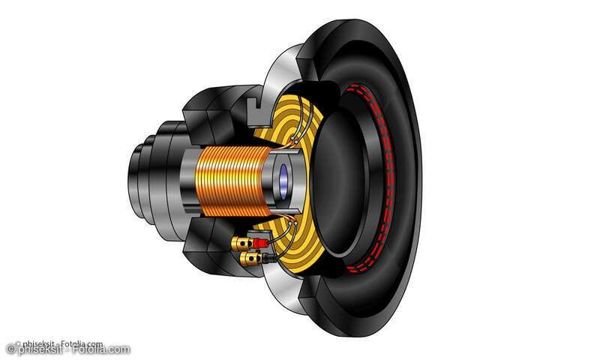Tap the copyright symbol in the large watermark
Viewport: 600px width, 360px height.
10,349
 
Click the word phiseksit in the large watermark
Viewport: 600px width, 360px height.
38,349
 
